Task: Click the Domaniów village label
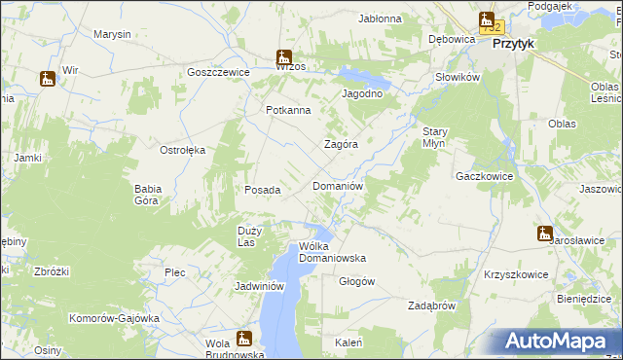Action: [338, 185]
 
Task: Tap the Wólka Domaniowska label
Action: [332, 252]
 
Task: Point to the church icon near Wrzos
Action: [283, 57]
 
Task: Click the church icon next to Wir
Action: [47, 79]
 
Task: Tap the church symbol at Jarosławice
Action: [543, 234]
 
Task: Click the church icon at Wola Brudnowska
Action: [243, 339]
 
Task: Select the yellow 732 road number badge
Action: [492, 28]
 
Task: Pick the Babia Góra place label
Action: [147, 195]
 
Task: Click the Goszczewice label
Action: [219, 72]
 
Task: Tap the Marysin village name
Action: [112, 34]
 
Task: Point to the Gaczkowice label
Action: [484, 177]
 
